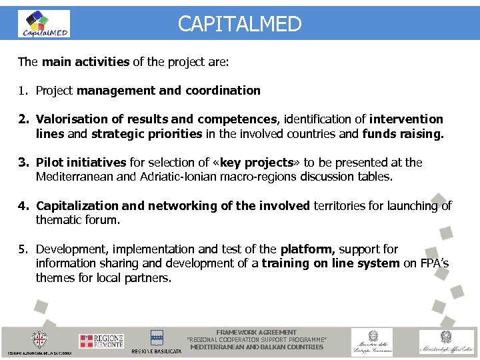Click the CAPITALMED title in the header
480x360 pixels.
[239, 25]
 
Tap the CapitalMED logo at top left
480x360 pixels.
[45, 24]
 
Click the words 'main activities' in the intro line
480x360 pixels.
[85, 62]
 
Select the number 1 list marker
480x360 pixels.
[23, 91]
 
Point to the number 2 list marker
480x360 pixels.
[23, 119]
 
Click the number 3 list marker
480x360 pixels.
[23, 163]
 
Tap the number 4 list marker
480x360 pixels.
[23, 206]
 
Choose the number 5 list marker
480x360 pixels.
[23, 249]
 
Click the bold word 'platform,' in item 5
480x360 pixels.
[306, 249]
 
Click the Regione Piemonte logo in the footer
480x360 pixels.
[101, 341]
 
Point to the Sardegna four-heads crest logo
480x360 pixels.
[41, 339]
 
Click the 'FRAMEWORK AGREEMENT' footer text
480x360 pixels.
[257, 332]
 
